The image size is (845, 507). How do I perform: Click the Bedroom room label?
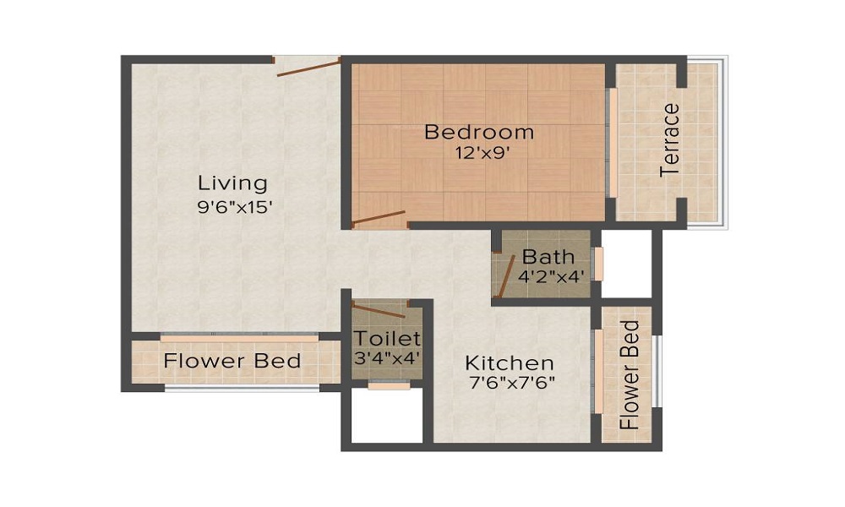click(x=478, y=133)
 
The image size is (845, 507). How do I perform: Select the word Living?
click(x=232, y=183)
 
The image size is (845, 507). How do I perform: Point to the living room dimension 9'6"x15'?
click(x=234, y=206)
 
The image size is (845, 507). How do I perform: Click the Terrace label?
click(x=670, y=139)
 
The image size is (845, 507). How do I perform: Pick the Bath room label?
click(x=548, y=256)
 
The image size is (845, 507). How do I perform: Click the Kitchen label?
click(x=510, y=363)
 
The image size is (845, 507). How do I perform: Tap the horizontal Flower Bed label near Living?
click(x=232, y=362)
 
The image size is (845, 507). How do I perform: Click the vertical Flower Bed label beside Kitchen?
click(x=630, y=374)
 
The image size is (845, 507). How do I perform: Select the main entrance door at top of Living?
click(x=308, y=67)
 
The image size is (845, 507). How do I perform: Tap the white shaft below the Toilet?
click(x=386, y=416)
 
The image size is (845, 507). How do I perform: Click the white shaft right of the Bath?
click(x=626, y=263)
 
